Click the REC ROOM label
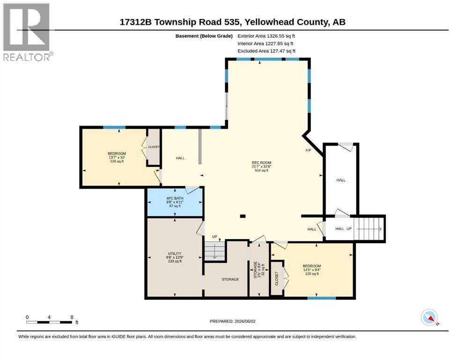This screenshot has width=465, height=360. [x=261, y=163]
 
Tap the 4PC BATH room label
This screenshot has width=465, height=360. [x=175, y=198]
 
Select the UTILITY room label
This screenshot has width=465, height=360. [x=175, y=254]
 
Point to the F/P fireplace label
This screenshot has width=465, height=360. [x=309, y=150]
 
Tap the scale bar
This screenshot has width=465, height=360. [x=49, y=322]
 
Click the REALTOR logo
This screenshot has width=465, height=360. [x=27, y=32]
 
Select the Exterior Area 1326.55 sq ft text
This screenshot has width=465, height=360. [x=266, y=36]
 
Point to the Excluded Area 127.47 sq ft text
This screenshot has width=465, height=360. [x=266, y=51]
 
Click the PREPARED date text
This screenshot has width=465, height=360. [x=232, y=321]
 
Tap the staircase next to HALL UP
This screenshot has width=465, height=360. [x=368, y=229]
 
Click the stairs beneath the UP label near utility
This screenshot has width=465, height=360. [x=214, y=251]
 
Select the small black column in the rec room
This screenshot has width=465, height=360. [x=243, y=216]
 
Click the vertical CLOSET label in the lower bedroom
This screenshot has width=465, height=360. [x=277, y=278]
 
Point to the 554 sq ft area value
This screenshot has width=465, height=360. [x=261, y=171]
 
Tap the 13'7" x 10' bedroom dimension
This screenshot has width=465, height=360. [x=117, y=157]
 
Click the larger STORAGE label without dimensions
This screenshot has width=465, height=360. [x=230, y=279]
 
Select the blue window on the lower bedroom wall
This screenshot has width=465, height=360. [x=321, y=298]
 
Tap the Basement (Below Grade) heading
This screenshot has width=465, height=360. [x=204, y=36]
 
